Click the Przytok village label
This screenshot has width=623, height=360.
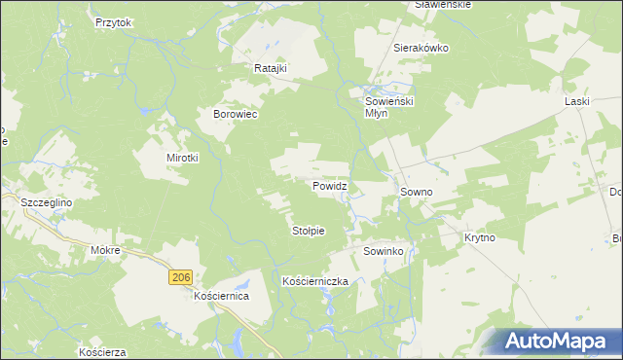point(113,21)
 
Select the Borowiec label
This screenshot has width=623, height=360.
point(235,114)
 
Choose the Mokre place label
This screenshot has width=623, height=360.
point(104,250)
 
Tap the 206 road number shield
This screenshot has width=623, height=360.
point(179,278)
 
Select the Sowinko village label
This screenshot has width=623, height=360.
point(384,251)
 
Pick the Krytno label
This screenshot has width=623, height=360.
point(480,237)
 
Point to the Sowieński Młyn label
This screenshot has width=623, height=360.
point(389,106)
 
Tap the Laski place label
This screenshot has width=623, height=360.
point(578,100)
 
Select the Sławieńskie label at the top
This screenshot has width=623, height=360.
point(443,5)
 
